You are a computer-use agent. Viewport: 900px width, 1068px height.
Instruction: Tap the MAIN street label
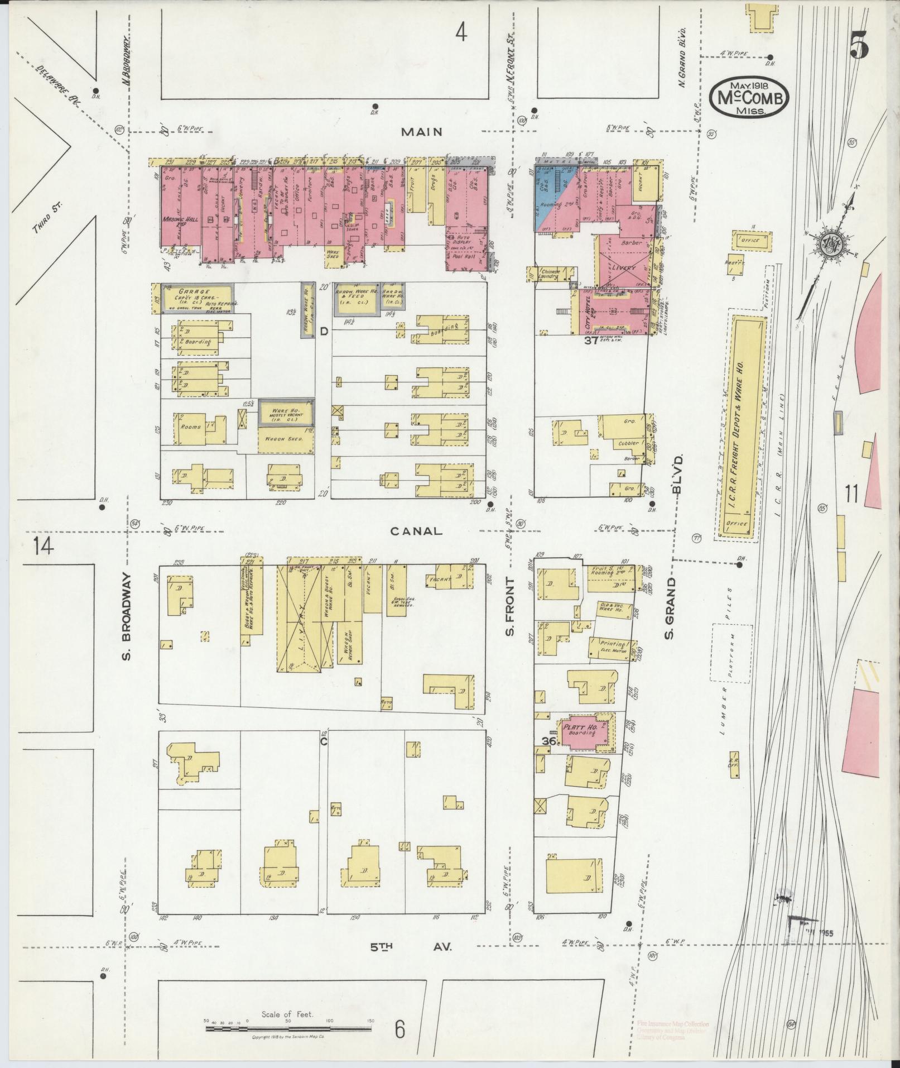[422, 132]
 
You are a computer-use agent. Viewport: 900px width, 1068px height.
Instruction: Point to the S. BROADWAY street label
[127, 616]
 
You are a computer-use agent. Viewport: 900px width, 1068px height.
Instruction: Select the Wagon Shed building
[285, 439]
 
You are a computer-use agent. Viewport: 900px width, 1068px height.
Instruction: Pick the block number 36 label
[549, 741]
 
